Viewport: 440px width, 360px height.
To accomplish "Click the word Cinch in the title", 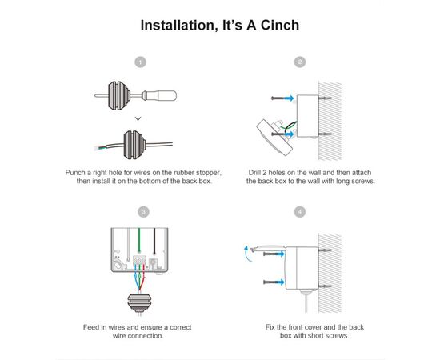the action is [x=280, y=25].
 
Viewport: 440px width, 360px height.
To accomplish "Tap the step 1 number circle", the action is [x=141, y=62].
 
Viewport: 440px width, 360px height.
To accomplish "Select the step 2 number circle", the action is [x=300, y=62].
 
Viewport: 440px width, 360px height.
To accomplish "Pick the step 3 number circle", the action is [x=143, y=211].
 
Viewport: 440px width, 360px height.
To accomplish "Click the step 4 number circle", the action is [x=300, y=211].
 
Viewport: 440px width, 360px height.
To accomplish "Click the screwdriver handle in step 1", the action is [x=166, y=96].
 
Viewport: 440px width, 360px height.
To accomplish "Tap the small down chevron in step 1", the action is [x=138, y=118].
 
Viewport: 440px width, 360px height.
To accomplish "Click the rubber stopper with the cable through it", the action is [x=134, y=145].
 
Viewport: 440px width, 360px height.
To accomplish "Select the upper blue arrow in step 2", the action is [x=289, y=98].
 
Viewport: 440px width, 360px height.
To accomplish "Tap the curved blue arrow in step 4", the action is [x=247, y=254].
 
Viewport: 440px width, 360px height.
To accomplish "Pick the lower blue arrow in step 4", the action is [x=280, y=282].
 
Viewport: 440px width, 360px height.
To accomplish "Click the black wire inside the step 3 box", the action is [x=154, y=241].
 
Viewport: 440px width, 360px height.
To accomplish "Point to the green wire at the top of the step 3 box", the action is [x=139, y=240].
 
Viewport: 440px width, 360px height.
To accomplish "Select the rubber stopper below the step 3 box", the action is [x=139, y=303].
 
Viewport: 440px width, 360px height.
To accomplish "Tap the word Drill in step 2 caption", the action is [x=254, y=172].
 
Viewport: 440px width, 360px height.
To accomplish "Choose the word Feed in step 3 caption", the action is [x=90, y=327].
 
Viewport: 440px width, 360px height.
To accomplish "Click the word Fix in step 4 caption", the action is [x=270, y=327].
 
